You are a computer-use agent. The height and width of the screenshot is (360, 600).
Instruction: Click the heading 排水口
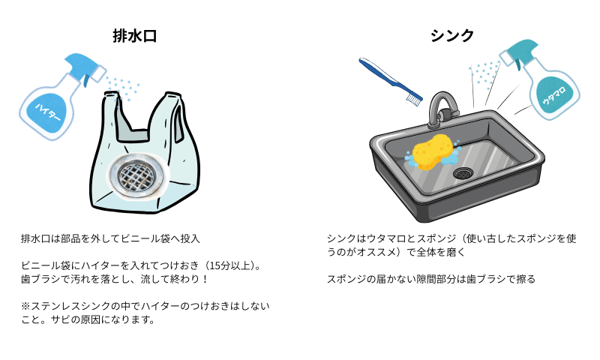click(x=134, y=35)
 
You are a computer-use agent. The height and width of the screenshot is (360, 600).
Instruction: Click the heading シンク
click(x=452, y=35)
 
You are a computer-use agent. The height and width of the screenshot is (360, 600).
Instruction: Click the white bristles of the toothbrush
click(x=413, y=97)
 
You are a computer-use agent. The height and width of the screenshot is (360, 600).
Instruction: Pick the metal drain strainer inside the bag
click(x=140, y=177)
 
